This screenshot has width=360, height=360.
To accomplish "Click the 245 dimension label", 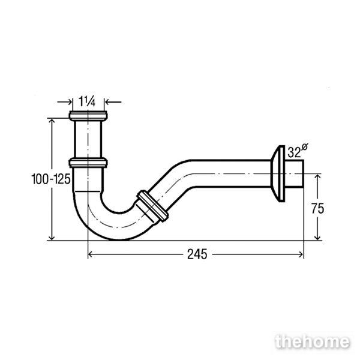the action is [x=197, y=254].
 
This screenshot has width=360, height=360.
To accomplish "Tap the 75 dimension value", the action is [x=317, y=208].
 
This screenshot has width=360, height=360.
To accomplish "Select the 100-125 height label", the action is [x=51, y=179].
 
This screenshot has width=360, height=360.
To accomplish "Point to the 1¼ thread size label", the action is [x=87, y=101].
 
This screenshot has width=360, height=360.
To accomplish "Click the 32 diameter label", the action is [x=298, y=151].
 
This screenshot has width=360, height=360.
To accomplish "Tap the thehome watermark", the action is [x=313, y=342].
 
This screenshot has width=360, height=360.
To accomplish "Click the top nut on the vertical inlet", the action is [x=88, y=116].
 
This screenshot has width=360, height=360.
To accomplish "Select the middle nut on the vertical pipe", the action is [x=88, y=163].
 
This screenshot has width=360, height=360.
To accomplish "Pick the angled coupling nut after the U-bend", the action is [x=152, y=206].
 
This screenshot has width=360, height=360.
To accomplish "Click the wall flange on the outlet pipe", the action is [x=278, y=174].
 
